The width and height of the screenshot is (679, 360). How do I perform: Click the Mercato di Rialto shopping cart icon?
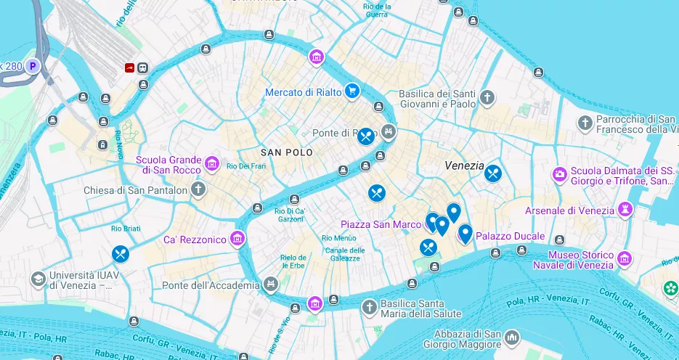click(352, 91)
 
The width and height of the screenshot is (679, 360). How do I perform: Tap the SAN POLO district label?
click(287, 152)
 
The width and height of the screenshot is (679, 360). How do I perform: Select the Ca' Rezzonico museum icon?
click(237, 238)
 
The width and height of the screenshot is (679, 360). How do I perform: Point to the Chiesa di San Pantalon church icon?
click(199, 190)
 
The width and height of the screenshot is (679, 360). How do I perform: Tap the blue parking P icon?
click(32, 67)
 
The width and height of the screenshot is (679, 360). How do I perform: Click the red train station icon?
click(130, 67)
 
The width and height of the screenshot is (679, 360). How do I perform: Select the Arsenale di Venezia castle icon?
click(624, 210)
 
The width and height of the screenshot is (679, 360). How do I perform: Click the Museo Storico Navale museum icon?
click(625, 258)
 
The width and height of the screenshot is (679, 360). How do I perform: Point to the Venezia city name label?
click(464, 165)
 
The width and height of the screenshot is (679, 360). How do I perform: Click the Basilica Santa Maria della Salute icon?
click(369, 307)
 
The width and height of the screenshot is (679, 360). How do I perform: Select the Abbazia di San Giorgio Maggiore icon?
click(513, 338)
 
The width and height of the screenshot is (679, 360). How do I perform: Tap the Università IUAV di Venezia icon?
click(38, 279)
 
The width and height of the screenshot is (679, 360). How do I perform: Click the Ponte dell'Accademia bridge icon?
click(271, 283)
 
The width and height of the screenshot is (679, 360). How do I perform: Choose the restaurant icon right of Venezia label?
click(494, 173)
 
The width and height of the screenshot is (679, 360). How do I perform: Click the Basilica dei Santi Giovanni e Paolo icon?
click(487, 97)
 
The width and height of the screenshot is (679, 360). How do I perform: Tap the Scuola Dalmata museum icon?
click(560, 174)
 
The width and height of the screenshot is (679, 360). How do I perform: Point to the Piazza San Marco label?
click(381, 224)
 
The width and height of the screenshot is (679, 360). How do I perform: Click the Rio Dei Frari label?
click(243, 166)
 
